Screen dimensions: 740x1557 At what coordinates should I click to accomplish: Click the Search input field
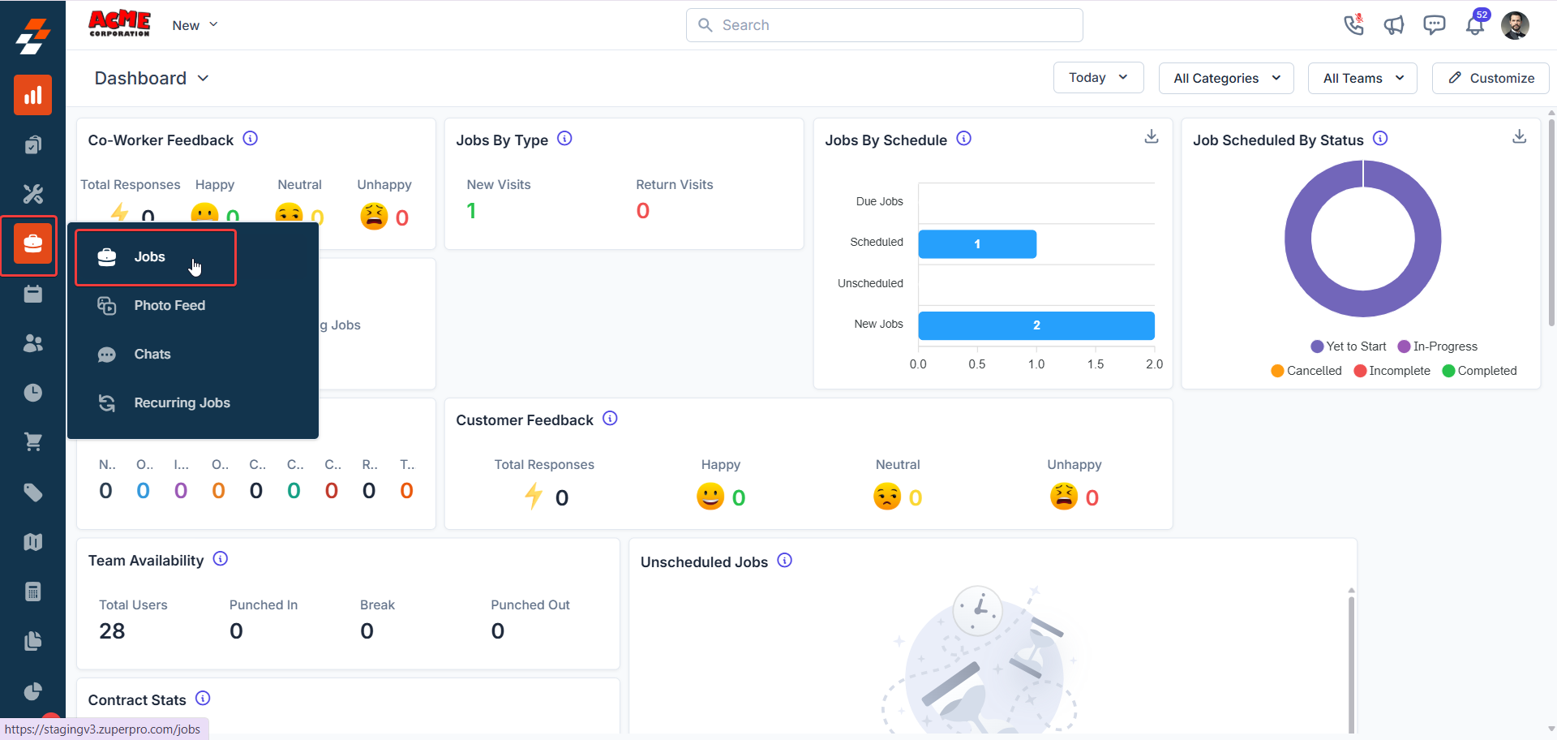(x=884, y=25)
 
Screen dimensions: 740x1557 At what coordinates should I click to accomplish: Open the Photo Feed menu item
(x=169, y=306)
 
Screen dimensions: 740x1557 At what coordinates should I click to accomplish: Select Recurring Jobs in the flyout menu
(x=182, y=403)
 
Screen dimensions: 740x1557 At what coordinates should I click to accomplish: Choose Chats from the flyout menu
(x=152, y=355)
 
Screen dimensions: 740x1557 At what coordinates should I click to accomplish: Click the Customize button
(x=1491, y=78)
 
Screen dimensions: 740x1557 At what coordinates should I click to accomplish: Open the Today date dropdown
(x=1098, y=78)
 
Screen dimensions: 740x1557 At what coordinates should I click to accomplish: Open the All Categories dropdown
(x=1226, y=79)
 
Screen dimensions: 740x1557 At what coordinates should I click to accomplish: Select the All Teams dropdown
(x=1362, y=79)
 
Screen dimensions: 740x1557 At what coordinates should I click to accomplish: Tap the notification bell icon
(x=1474, y=26)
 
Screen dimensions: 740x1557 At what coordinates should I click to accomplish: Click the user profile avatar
(x=1515, y=25)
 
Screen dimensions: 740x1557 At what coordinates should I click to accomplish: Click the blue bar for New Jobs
(x=1036, y=325)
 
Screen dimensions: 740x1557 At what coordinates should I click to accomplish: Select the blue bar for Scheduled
(x=976, y=244)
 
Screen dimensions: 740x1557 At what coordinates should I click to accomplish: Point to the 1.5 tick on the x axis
(x=1096, y=364)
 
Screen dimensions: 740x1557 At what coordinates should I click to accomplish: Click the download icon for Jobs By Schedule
(x=1151, y=137)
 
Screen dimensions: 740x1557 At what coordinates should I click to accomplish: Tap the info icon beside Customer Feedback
(x=611, y=419)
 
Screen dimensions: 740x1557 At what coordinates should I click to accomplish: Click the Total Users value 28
(x=112, y=631)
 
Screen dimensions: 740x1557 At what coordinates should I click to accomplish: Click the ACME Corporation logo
(x=119, y=24)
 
